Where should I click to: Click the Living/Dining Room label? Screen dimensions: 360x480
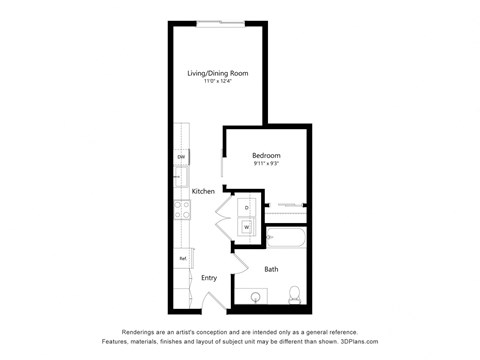tap(218, 74)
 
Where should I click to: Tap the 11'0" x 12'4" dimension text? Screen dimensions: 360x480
tap(217, 83)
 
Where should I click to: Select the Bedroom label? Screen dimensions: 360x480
tap(266, 155)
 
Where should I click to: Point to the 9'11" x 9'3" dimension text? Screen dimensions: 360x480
tap(266, 164)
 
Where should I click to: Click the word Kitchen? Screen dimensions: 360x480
tap(204, 191)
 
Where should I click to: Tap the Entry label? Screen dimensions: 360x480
tap(209, 278)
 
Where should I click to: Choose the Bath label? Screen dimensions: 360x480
tap(271, 269)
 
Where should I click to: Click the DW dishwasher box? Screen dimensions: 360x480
tap(182, 158)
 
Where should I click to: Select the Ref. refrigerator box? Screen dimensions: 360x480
tap(183, 258)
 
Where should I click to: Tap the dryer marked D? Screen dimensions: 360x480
tap(246, 208)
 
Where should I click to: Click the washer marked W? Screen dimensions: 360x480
tap(246, 227)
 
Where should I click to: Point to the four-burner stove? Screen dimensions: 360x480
tap(183, 210)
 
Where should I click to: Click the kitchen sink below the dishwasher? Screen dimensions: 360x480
tap(181, 177)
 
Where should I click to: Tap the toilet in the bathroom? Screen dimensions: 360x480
tap(294, 295)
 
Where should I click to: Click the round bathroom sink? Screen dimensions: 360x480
tap(256, 297)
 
